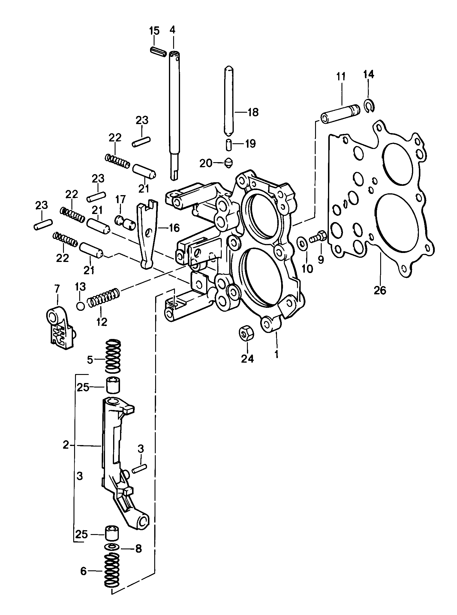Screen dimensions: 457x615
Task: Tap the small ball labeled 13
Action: click(x=80, y=306)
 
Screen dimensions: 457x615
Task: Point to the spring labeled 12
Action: click(x=104, y=298)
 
